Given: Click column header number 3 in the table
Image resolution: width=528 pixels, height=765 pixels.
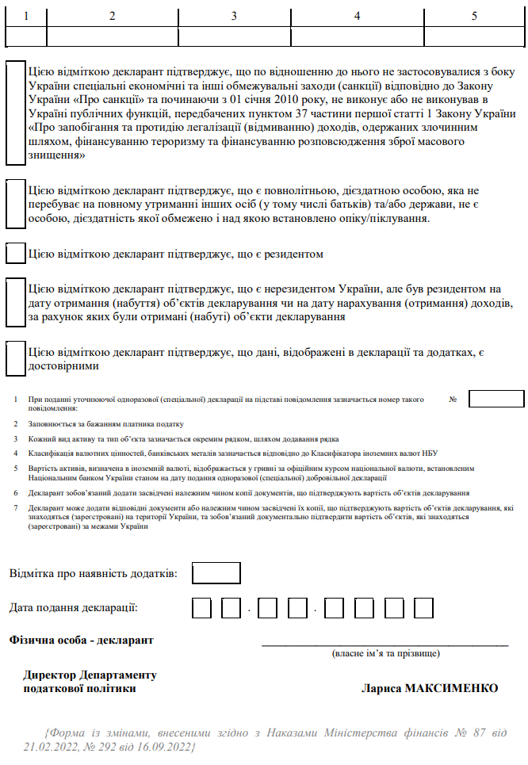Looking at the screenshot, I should [x=234, y=16].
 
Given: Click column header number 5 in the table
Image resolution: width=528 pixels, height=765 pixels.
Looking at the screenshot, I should [x=474, y=16].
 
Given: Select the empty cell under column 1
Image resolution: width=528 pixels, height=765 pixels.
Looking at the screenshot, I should [x=26, y=36].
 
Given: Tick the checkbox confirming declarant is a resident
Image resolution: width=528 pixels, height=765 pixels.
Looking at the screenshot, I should [x=16, y=254].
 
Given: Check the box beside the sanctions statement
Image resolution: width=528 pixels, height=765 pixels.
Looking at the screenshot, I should [x=16, y=113].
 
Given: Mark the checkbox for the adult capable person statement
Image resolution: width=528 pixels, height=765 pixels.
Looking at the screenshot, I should [x=16, y=205].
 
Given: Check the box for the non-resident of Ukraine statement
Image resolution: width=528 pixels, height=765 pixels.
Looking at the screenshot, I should [x=16, y=302].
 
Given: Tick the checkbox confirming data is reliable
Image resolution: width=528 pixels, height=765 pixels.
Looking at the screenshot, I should [x=16, y=358].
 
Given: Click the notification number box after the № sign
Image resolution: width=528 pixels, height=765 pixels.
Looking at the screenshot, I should [x=496, y=399].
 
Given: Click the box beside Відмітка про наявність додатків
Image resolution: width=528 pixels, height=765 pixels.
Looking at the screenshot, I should [x=216, y=572].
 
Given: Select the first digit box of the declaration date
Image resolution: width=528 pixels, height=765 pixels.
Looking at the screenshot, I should [x=202, y=608].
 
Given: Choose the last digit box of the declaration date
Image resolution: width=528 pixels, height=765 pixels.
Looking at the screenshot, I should [x=423, y=608].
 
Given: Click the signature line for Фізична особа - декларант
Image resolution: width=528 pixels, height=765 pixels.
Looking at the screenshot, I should [x=385, y=645].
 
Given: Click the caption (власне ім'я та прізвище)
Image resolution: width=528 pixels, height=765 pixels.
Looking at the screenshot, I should [x=385, y=654].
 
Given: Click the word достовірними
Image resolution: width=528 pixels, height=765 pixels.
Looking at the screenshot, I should [x=63, y=366].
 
